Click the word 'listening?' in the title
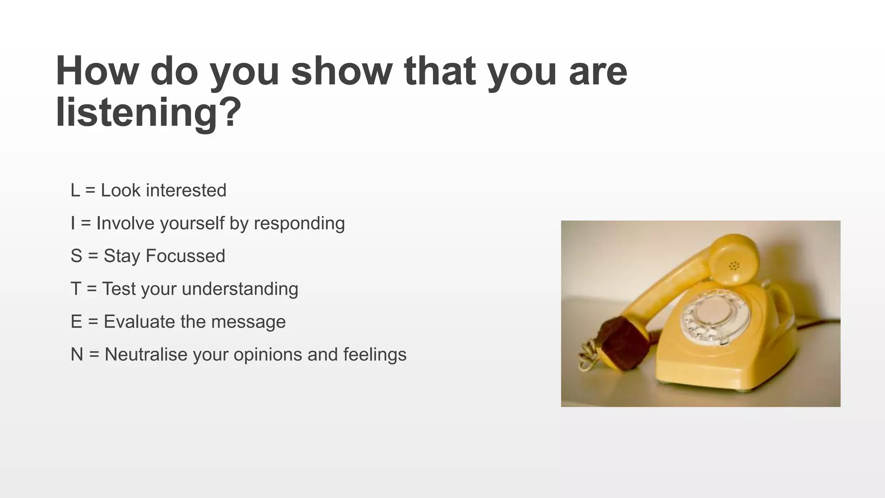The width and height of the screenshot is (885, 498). (x=148, y=112)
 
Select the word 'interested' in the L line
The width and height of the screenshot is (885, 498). (x=186, y=190)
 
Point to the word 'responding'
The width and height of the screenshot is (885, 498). (x=299, y=223)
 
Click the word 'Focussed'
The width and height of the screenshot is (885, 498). (x=185, y=256)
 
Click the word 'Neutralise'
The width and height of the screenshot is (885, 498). (x=146, y=354)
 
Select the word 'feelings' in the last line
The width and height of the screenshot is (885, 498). (x=375, y=354)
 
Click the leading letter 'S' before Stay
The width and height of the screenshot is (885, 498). (x=76, y=256)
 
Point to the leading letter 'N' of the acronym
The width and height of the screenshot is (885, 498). (x=76, y=354)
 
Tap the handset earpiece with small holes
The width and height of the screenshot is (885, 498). (x=734, y=262)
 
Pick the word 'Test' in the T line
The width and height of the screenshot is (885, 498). (x=118, y=289)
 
